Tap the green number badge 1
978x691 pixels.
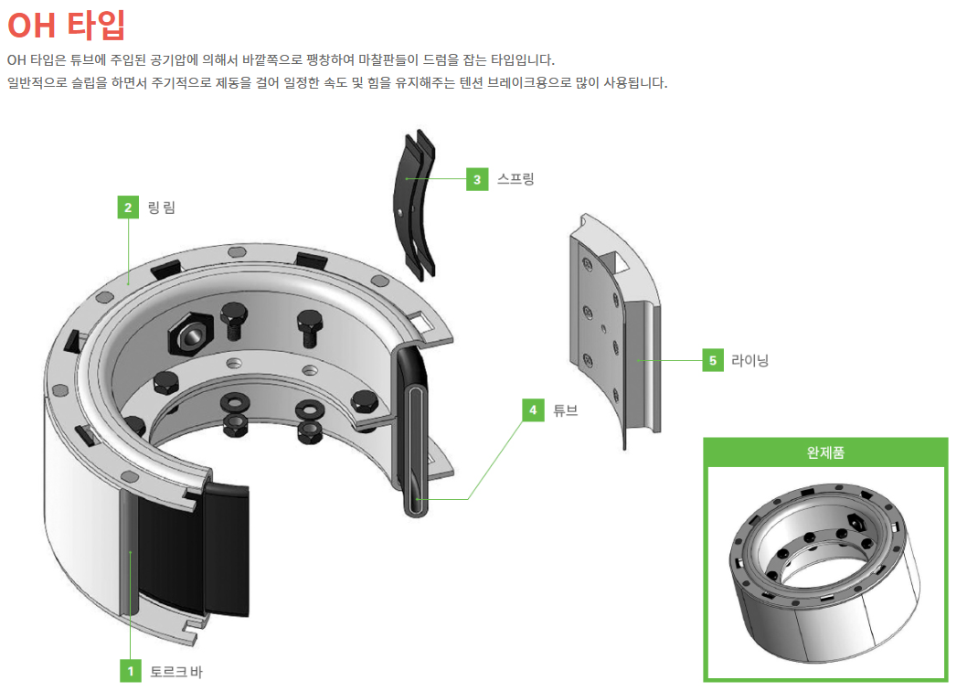131,672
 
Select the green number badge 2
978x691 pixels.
129,207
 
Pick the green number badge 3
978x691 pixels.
476,178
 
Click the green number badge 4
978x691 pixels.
533,410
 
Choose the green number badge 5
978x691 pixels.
713,360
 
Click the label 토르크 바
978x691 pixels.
175,672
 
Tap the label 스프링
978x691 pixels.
516,178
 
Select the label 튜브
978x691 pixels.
566,410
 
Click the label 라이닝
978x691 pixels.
749,360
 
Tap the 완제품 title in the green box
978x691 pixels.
825,452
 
